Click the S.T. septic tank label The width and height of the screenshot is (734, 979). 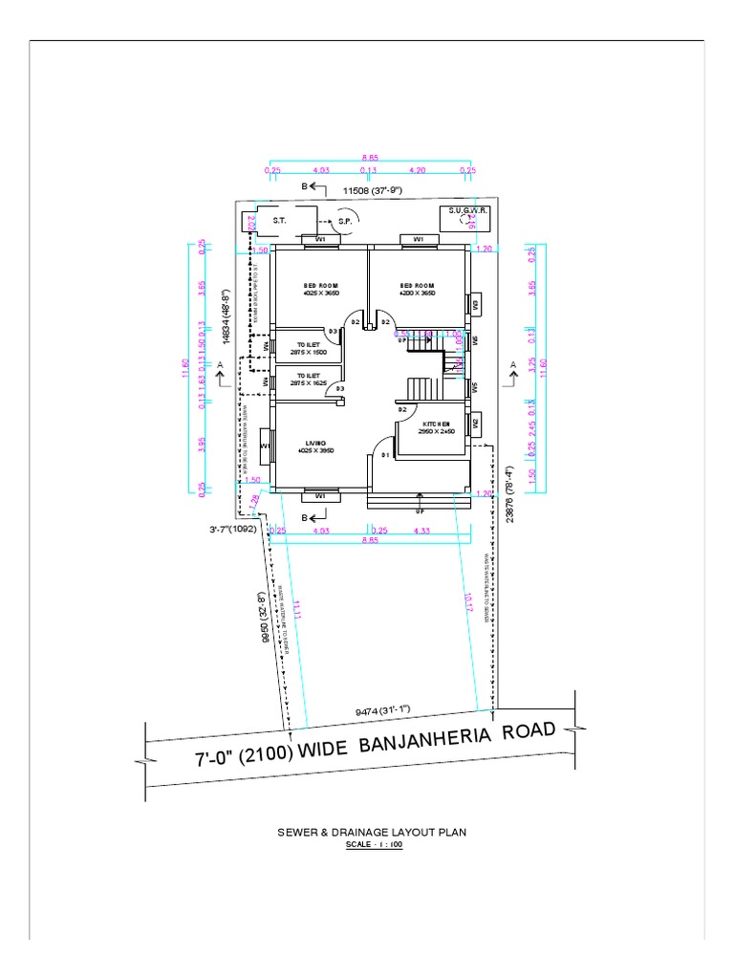tap(280, 220)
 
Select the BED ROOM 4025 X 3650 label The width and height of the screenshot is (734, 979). tap(321, 290)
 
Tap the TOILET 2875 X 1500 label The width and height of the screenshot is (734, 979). tap(308, 348)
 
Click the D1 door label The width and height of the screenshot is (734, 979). tap(386, 455)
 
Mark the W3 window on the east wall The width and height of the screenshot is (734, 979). tap(473, 304)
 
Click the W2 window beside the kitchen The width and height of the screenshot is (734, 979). tap(473, 424)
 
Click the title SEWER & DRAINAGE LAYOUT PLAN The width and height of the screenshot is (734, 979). tap(371, 833)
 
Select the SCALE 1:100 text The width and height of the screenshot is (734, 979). tap(374, 845)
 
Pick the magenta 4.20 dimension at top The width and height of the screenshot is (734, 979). tap(417, 170)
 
